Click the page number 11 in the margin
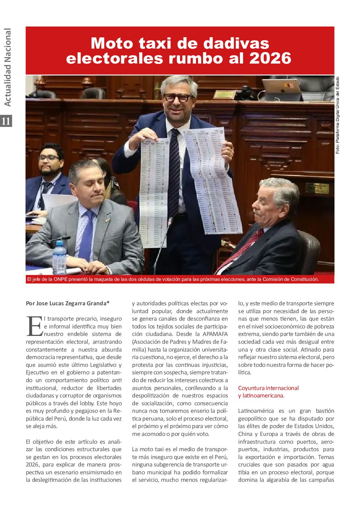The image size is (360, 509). pos(6,121)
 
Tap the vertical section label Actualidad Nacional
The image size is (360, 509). pos(7,67)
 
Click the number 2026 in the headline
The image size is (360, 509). pos(270,58)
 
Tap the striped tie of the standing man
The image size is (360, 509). pos(174,170)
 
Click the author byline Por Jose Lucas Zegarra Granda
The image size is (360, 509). pos(67,303)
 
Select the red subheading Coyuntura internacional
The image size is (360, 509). pos(268,388)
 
